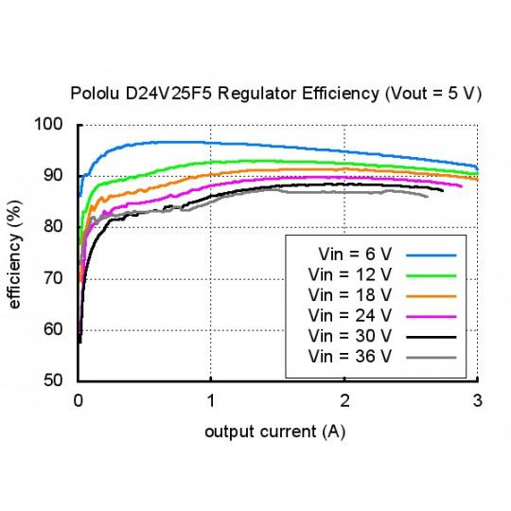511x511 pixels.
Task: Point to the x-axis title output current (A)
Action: pyautogui.click(x=274, y=432)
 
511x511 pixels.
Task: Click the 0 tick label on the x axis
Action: pyautogui.click(x=79, y=400)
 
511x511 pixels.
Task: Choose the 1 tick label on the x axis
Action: pyautogui.click(x=212, y=400)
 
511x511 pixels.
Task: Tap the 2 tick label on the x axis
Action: pyautogui.click(x=344, y=400)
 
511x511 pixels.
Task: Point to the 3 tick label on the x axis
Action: pyautogui.click(x=477, y=400)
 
